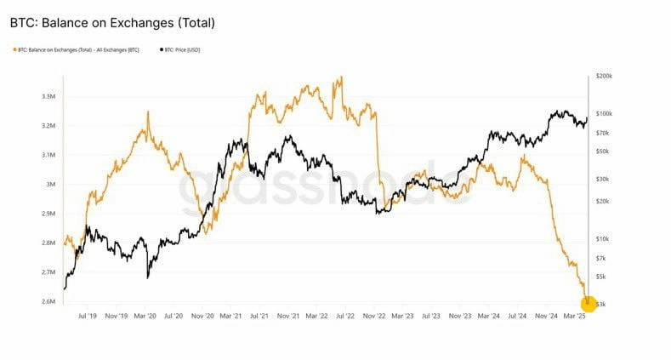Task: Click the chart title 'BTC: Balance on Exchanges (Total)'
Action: (x=112, y=23)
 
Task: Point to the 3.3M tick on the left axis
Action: (x=48, y=96)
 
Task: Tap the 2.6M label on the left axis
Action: (x=48, y=301)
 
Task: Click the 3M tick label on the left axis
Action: (x=51, y=184)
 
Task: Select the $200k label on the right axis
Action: (x=605, y=77)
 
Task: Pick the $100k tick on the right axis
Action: (x=605, y=114)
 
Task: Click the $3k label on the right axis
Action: (x=601, y=304)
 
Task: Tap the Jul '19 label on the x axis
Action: (x=88, y=315)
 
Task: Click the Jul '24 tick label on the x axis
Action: (x=518, y=315)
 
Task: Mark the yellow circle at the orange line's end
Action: (x=589, y=302)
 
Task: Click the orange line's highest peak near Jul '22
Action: (x=341, y=77)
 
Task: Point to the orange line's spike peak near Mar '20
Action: (x=148, y=111)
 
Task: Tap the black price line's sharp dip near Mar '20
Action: (x=148, y=277)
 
